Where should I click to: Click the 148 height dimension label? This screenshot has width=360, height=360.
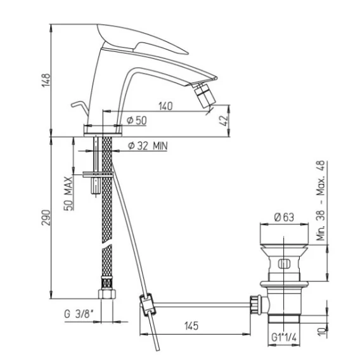click(x=46, y=80)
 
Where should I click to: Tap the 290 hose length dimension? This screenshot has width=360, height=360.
click(x=46, y=217)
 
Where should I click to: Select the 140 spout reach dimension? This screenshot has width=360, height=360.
click(x=165, y=106)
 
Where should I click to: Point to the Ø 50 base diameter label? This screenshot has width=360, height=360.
click(x=137, y=120)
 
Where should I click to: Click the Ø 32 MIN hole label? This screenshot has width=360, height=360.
click(x=148, y=146)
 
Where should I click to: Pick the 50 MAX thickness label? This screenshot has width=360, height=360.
click(x=68, y=193)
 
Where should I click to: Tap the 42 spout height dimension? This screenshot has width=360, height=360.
click(x=223, y=120)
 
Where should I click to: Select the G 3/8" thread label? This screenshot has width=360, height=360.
click(x=79, y=314)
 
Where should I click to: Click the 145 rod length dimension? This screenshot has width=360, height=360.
click(x=191, y=326)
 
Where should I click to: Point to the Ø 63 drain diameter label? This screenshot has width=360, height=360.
click(x=284, y=217)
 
